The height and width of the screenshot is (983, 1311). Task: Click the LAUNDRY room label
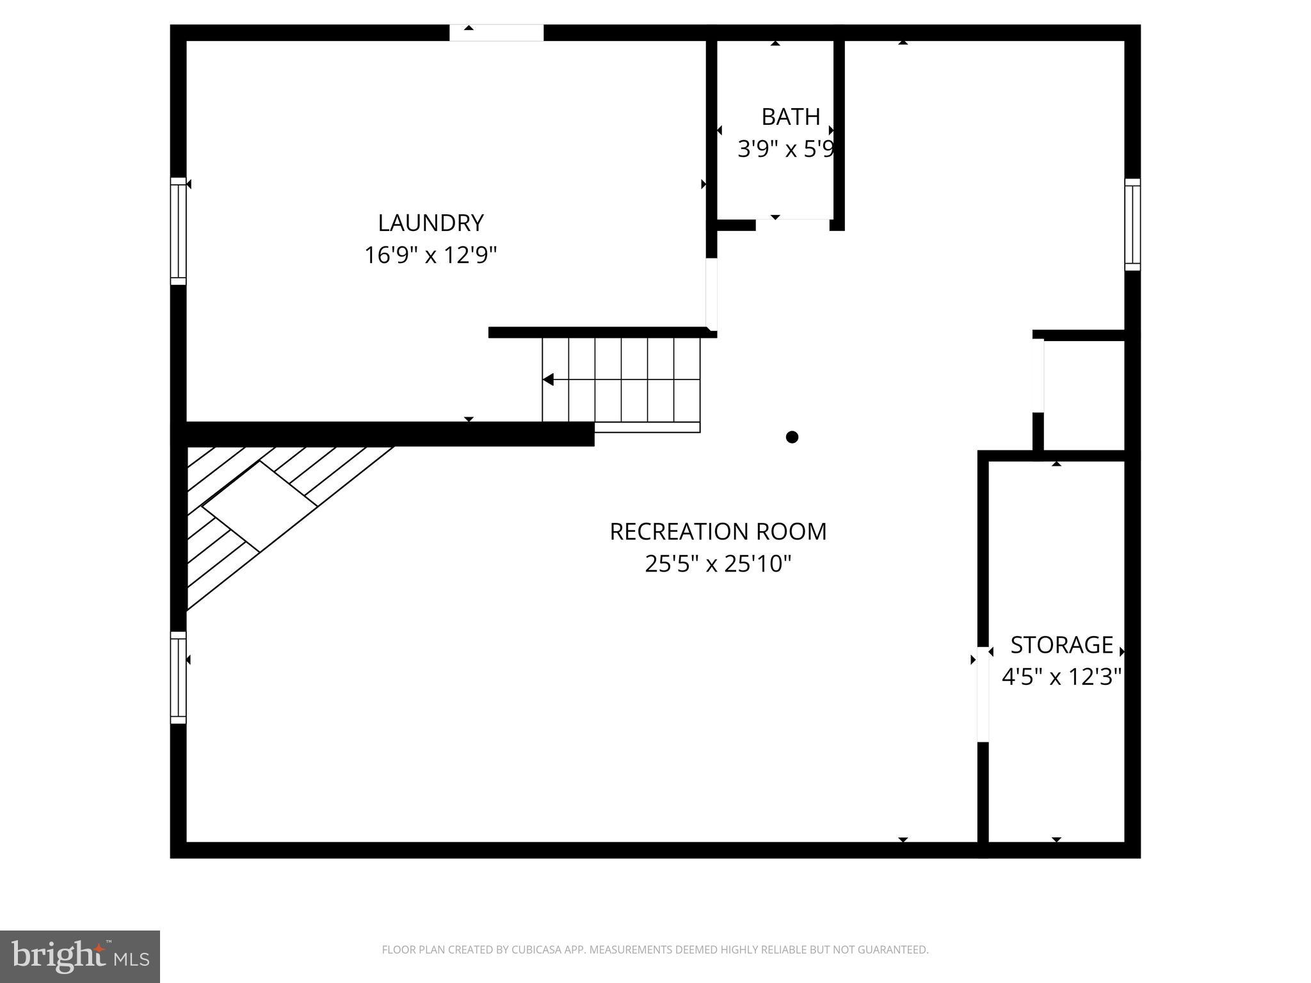pyautogui.click(x=430, y=223)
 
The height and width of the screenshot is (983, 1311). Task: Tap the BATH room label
pyautogui.click(x=791, y=116)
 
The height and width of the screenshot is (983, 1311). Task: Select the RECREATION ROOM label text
pyautogui.click(x=718, y=531)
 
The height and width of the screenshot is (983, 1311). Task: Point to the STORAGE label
pyautogui.click(x=1061, y=644)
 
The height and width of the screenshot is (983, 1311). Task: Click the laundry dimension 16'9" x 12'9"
pyautogui.click(x=430, y=255)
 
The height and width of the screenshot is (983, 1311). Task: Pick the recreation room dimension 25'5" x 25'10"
pyautogui.click(x=718, y=564)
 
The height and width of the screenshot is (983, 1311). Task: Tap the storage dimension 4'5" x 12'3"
pyautogui.click(x=1061, y=676)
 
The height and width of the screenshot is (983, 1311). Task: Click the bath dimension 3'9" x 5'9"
pyautogui.click(x=786, y=150)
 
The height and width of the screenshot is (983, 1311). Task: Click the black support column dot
pyautogui.click(x=792, y=437)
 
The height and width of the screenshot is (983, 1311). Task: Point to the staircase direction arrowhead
pyautogui.click(x=548, y=380)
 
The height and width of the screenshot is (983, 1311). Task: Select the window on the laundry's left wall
pyautogui.click(x=178, y=230)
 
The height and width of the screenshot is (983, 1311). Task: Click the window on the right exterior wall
pyautogui.click(x=1132, y=224)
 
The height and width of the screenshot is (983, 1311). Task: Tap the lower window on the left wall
pyautogui.click(x=178, y=677)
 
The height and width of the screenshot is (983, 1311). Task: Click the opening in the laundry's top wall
pyautogui.click(x=496, y=33)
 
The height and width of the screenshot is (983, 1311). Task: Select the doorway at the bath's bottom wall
pyautogui.click(x=792, y=224)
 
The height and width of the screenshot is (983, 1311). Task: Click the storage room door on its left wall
pyautogui.click(x=983, y=694)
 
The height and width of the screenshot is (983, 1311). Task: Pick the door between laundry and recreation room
pyautogui.click(x=711, y=293)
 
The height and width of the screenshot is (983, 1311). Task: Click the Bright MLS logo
pyautogui.click(x=80, y=956)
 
